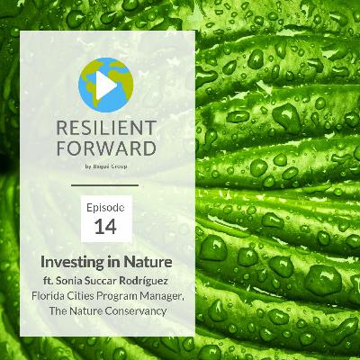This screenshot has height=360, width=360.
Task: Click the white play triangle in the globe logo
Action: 108,85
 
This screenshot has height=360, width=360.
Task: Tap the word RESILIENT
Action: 107,127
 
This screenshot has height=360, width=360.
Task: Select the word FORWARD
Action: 107,149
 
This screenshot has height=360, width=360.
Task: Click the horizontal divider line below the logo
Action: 106,184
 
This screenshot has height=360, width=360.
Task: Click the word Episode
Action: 106,207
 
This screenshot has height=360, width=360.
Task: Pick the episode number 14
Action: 106,227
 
